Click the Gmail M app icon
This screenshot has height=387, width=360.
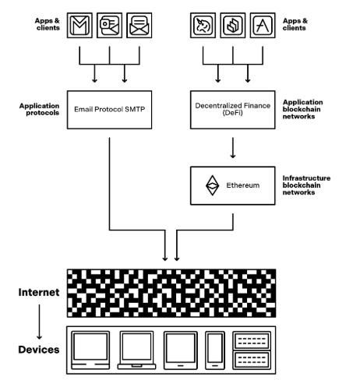coord(79,25)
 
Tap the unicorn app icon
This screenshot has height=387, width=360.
coord(203,25)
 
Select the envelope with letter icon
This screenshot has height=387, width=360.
coord(139,25)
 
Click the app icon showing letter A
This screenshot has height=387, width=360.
coord(263,25)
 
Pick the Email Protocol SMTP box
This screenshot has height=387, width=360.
coord(109,110)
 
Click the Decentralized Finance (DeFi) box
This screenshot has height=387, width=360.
coord(233,110)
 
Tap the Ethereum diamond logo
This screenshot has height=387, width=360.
coord(212,185)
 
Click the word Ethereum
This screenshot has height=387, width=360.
coord(243,185)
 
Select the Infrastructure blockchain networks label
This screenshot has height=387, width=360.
coord(306,185)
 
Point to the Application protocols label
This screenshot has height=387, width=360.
coord(39,109)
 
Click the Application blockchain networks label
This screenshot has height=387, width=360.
coord(302,109)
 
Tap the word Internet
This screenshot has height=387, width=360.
coord(39,292)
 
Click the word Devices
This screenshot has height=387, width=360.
coord(39,350)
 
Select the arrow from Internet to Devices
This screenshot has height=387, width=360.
coord(39,322)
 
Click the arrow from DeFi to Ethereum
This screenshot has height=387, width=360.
coord(233,148)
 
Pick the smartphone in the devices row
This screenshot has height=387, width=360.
coord(215,350)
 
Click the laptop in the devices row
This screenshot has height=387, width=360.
coord(136,350)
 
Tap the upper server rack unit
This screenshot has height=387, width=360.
coord(252,340)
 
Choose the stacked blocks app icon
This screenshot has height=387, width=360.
coord(233,25)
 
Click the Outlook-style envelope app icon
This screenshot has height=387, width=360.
coord(109,25)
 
